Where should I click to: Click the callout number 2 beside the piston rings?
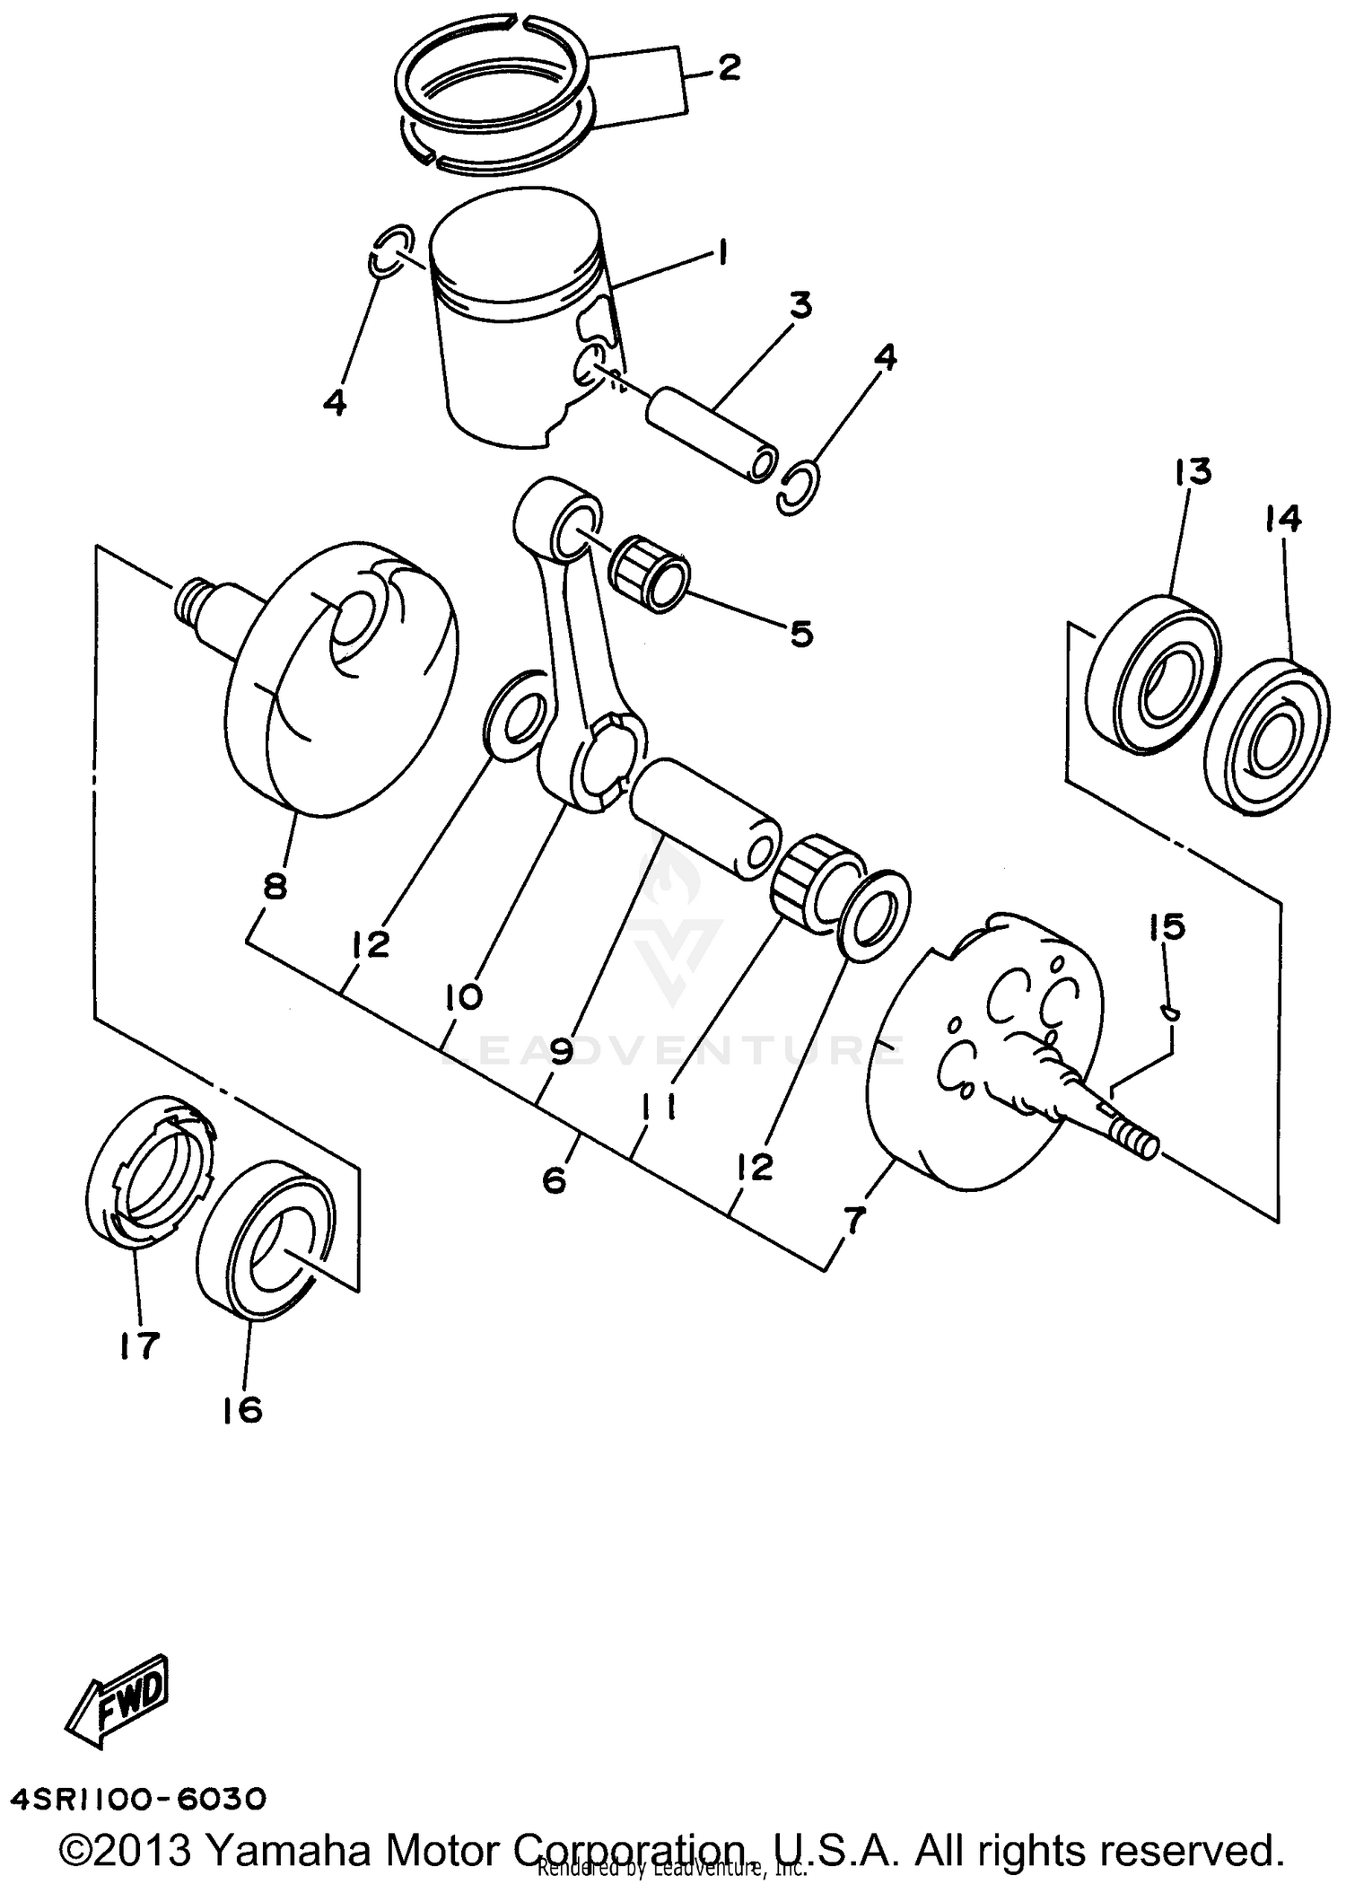729,68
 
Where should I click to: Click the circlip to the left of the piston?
389,253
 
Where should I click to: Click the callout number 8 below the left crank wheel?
275,886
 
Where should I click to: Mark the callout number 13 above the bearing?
1193,472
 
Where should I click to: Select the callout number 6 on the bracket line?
555,1180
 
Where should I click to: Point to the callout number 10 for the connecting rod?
463,996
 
